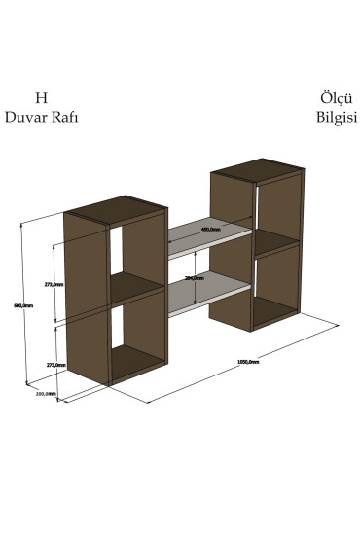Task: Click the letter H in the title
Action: [41, 98]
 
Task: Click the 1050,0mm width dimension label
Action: [247, 361]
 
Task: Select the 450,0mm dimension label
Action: [210, 229]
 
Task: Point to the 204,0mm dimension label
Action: [193, 278]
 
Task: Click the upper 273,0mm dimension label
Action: [54, 284]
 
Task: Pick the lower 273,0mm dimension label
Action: [55, 364]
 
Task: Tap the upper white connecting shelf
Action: [207, 238]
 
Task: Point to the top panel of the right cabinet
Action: [260, 173]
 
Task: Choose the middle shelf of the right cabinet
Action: [275, 239]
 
